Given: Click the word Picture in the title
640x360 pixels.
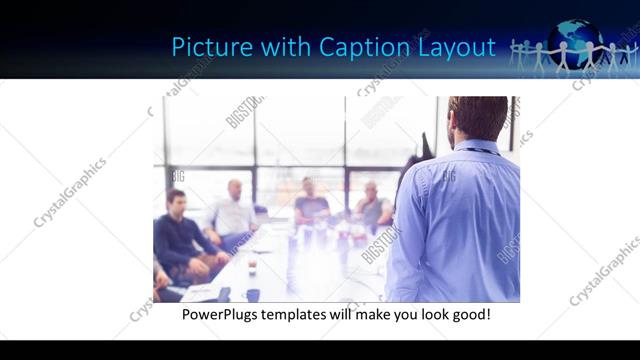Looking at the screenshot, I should (x=203, y=47).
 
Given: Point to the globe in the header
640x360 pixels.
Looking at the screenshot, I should (x=578, y=42).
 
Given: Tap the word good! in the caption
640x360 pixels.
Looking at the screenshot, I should (x=469, y=315).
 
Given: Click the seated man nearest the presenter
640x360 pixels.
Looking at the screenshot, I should (x=372, y=205).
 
